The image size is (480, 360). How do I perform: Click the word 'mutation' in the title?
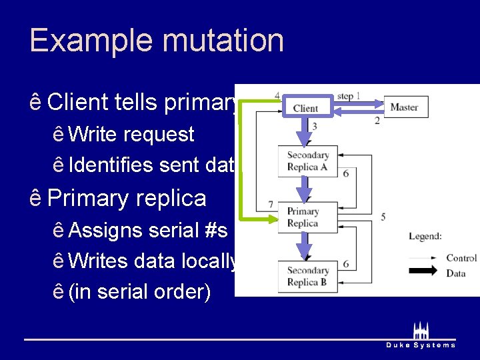pos(225,40)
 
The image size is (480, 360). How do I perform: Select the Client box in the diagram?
pos(305,108)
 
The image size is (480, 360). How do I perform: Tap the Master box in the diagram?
pos(405,107)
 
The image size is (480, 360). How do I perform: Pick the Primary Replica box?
pos(304,217)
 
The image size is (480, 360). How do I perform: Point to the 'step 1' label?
pos(349,96)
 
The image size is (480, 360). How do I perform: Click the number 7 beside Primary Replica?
pos(270,203)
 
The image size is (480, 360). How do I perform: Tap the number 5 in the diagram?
pos(383,217)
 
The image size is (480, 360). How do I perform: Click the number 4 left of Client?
pos(277,95)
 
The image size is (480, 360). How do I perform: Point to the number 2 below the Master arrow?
pos(377,121)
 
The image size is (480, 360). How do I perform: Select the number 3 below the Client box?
pos(314,126)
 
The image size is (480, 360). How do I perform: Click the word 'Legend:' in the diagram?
pos(425,237)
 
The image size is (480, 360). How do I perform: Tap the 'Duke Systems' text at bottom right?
pos(421,345)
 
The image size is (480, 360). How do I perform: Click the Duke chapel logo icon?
pos(421,330)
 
